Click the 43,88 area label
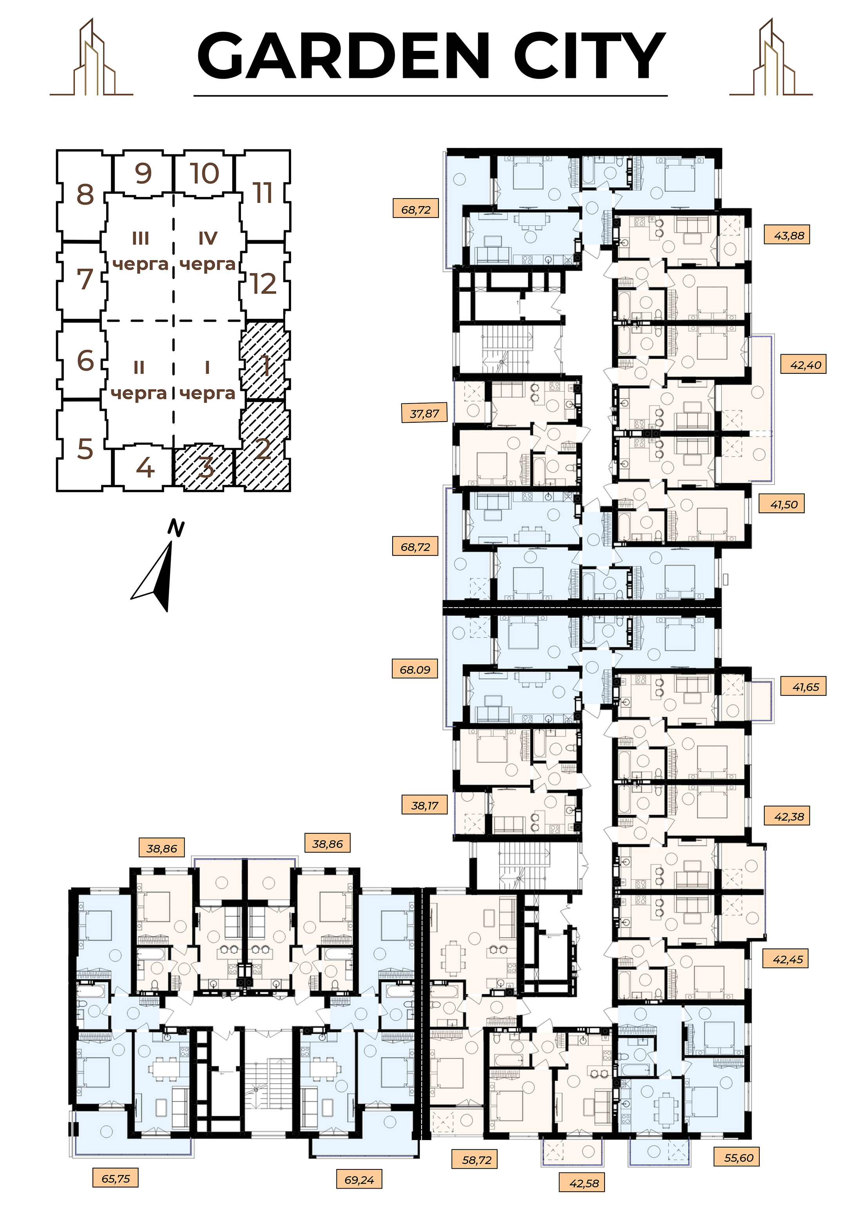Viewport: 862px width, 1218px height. click(787, 235)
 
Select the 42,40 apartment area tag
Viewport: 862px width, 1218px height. click(804, 365)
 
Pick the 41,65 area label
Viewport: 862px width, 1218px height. click(804, 687)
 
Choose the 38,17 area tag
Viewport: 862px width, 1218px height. click(425, 805)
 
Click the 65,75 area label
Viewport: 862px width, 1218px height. click(116, 1179)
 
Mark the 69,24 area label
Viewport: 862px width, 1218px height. click(359, 1180)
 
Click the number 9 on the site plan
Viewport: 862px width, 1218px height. click(143, 173)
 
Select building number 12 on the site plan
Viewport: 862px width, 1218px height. click(264, 283)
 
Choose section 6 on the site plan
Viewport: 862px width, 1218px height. click(85, 360)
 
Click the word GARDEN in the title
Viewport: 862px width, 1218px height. click(343, 55)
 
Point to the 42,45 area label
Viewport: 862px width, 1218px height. click(786, 959)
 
